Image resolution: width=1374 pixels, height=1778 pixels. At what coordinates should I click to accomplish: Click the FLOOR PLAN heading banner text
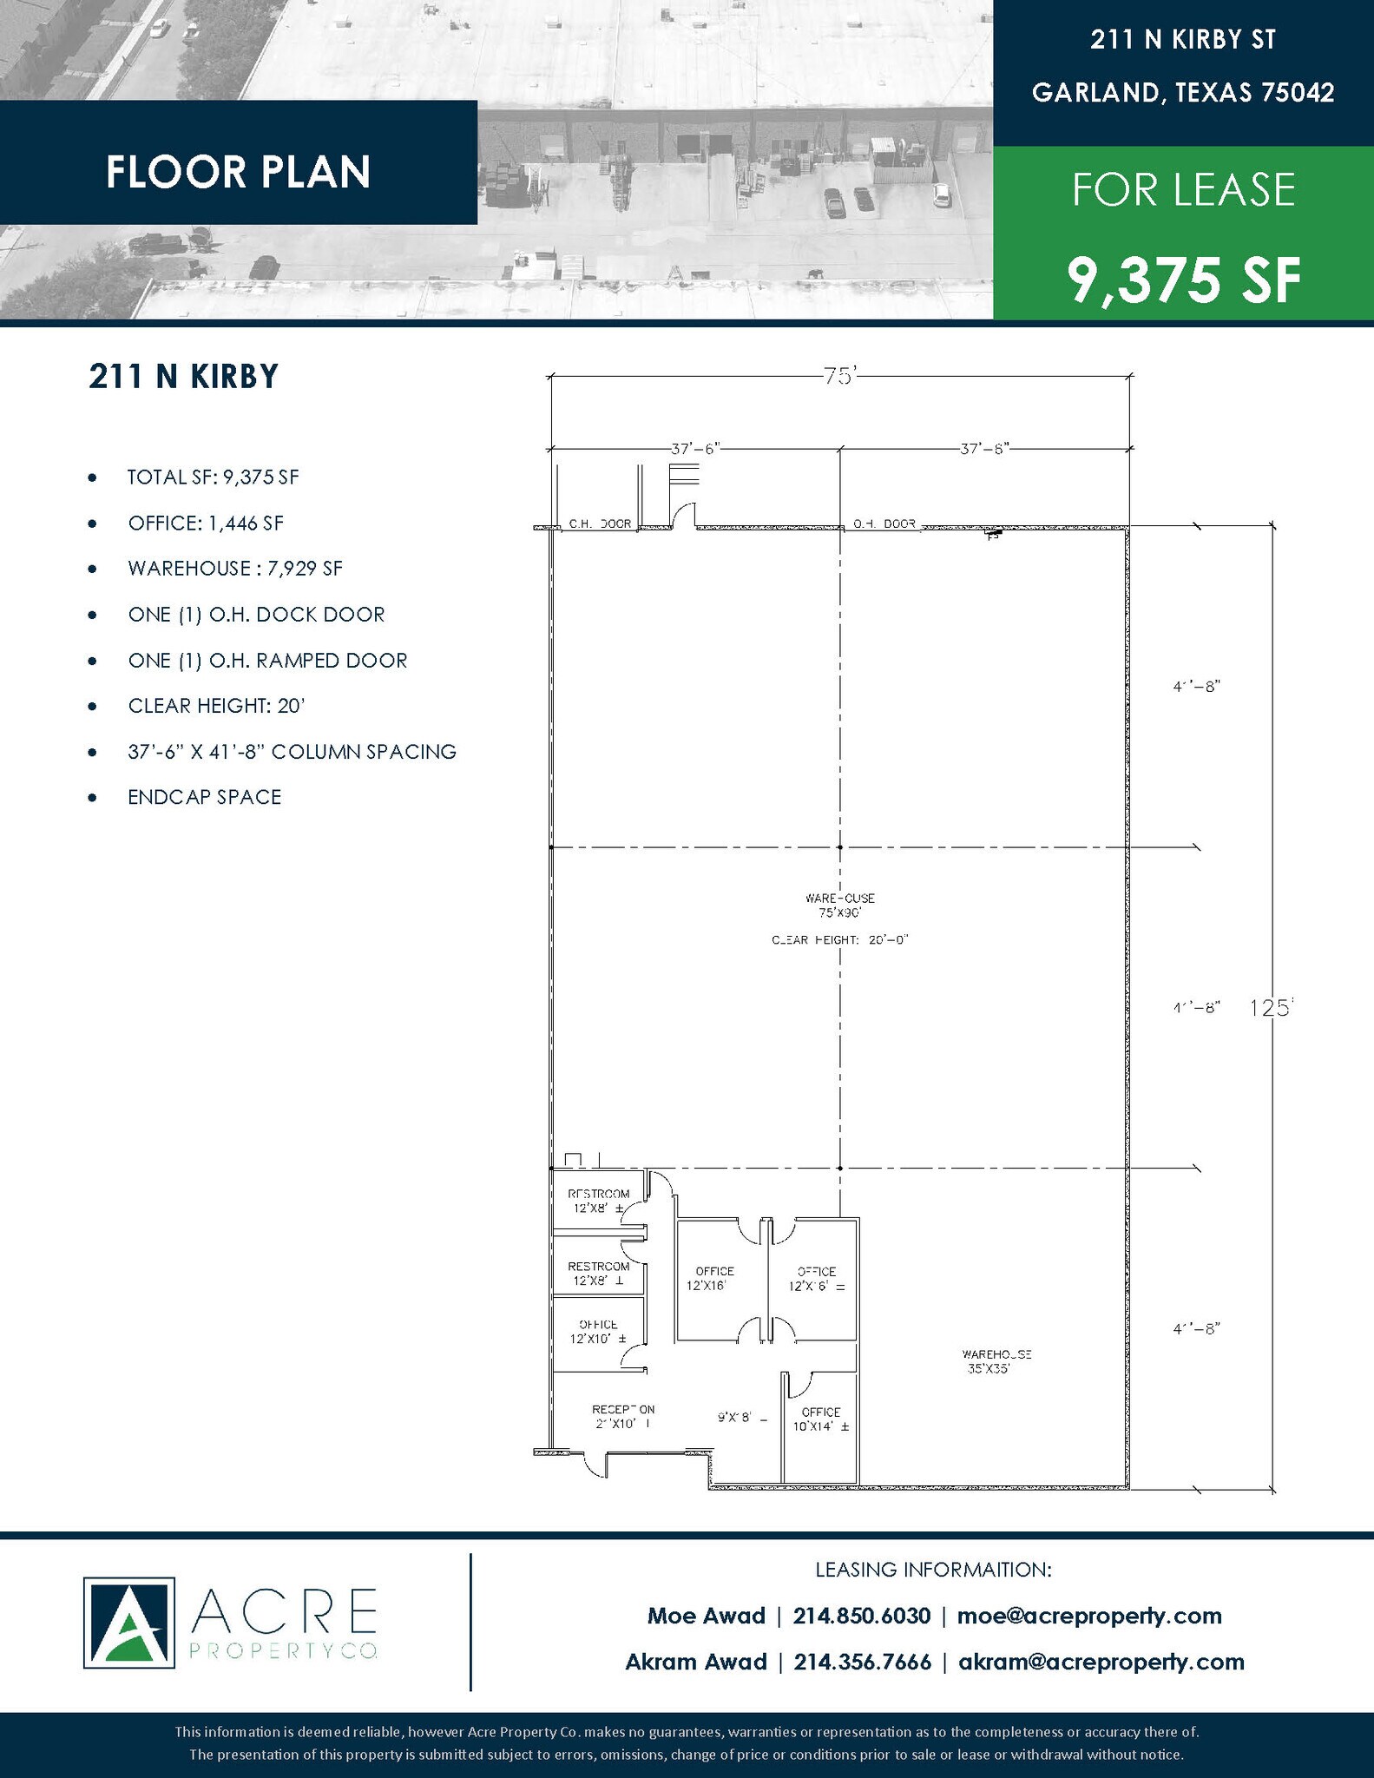pos(238,172)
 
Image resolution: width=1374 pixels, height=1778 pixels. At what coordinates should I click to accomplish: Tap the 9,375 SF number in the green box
pos(1184,280)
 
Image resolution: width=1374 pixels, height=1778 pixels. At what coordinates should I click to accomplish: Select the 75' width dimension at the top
pos(839,377)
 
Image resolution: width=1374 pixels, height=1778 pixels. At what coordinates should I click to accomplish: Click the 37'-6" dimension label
pos(695,449)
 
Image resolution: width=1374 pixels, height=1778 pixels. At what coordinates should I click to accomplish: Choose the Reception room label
pos(622,1416)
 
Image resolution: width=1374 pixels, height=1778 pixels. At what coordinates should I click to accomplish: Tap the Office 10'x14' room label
pos(820,1419)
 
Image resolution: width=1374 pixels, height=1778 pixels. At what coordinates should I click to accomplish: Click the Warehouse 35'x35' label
pos(996,1361)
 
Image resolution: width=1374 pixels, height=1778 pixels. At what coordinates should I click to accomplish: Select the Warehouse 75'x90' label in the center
pos(839,905)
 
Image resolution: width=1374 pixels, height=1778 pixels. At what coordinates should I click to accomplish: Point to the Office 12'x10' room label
pos(598,1331)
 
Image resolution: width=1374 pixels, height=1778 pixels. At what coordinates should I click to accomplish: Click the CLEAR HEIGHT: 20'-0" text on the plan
pos(839,940)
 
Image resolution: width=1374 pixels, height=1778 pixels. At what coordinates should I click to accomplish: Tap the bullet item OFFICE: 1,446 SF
pos(206,523)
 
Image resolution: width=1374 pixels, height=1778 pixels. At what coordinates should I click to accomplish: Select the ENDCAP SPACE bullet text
pos(205,797)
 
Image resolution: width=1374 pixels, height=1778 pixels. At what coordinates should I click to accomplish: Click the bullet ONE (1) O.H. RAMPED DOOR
pos(267,661)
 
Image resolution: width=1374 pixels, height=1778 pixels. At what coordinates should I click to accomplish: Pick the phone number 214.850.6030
pos(861,1616)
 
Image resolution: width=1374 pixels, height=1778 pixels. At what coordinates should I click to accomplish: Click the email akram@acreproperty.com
pos(1101,1662)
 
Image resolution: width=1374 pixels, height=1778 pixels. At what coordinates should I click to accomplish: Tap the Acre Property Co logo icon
pos(128,1623)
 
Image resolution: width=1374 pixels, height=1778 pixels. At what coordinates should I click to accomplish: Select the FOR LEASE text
pos(1184,190)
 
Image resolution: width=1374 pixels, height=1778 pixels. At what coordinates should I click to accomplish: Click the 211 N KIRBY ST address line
pos(1183,40)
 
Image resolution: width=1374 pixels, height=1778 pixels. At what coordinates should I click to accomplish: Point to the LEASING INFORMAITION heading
pos(933,1570)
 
